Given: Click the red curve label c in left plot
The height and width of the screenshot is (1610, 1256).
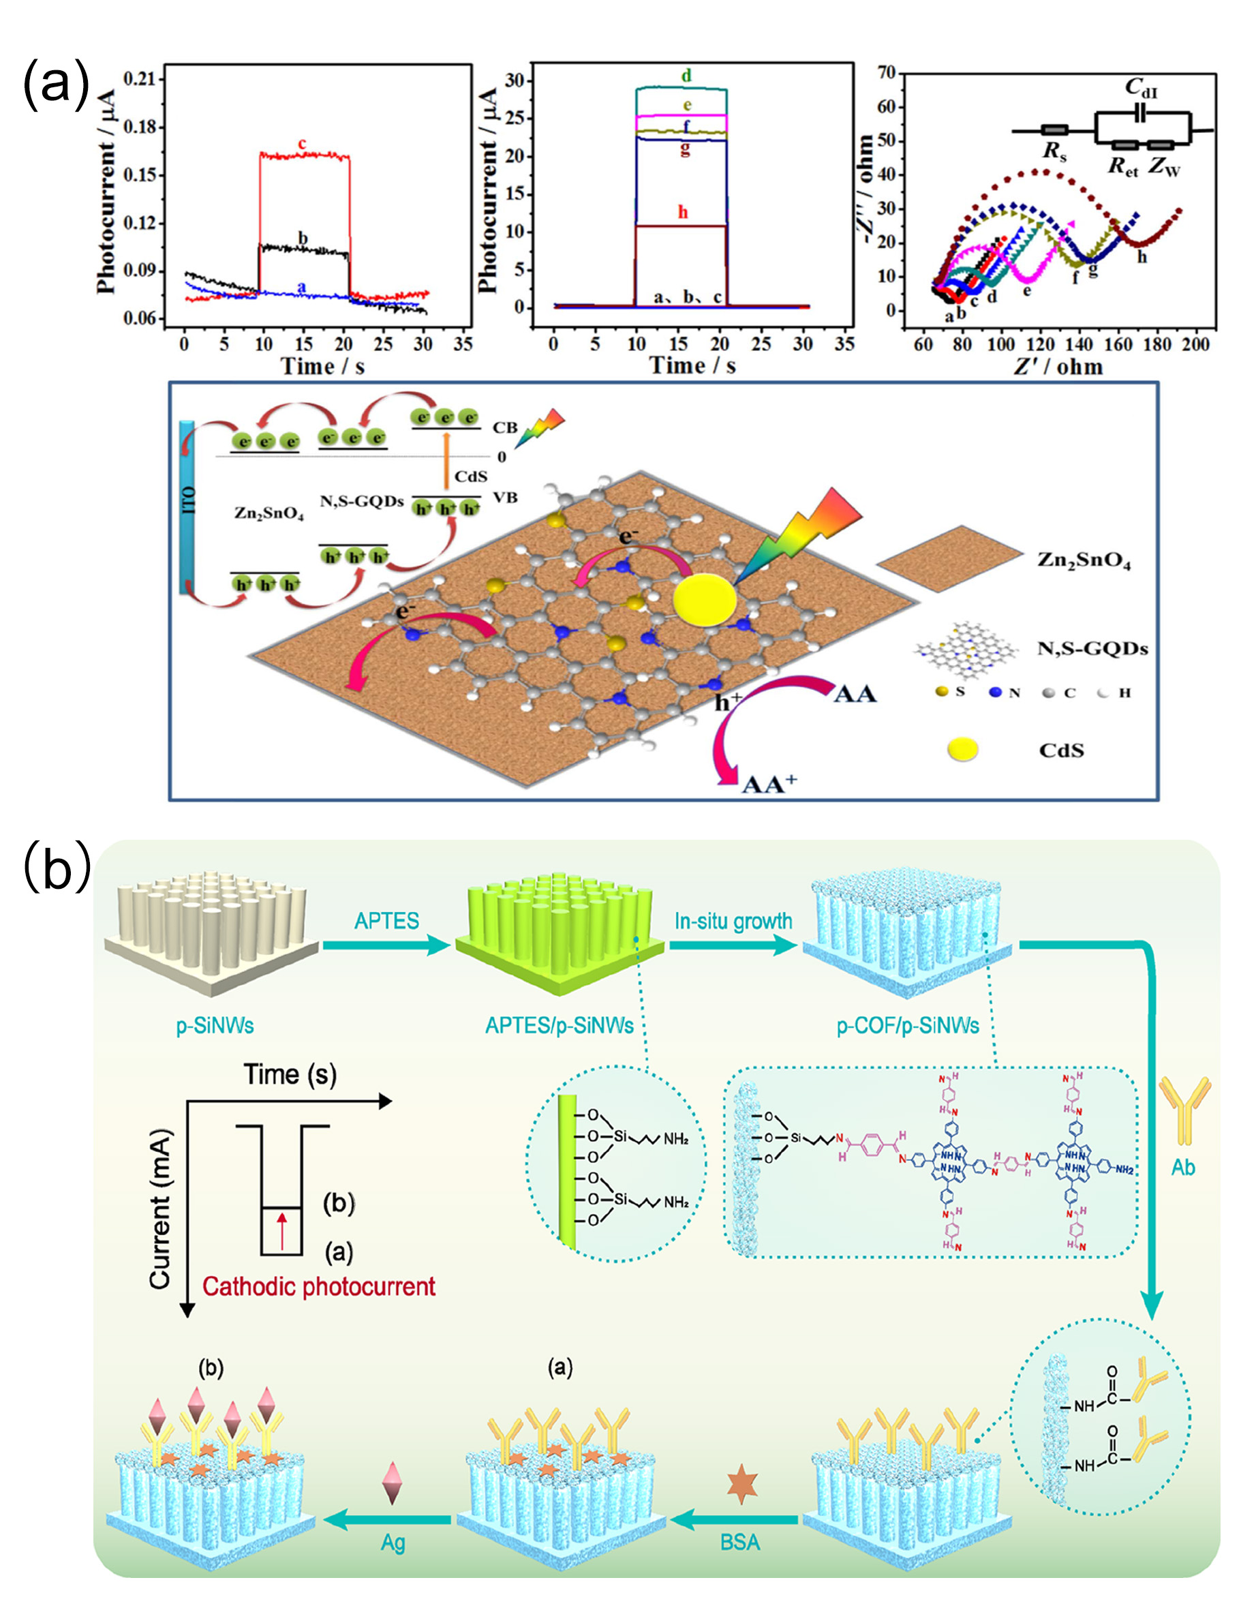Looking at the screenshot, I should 301,143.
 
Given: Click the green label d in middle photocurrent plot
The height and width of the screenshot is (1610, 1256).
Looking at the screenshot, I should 686,76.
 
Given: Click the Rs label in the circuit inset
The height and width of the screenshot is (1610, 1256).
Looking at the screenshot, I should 1055,152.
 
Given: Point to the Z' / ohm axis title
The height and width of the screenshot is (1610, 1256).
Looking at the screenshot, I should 1058,367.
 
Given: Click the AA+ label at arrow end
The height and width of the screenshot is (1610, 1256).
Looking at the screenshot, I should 769,784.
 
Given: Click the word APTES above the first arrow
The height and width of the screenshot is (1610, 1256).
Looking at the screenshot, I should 386,921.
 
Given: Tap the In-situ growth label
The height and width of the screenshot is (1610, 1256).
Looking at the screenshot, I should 733,921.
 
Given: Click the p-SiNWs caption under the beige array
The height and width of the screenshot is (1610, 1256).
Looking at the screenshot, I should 215,1025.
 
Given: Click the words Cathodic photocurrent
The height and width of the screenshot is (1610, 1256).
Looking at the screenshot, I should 319,1286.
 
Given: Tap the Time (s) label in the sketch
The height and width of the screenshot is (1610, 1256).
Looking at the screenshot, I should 290,1075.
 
